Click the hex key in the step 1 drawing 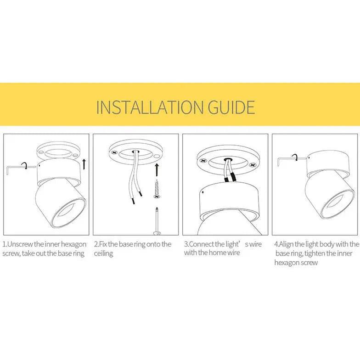[16, 168]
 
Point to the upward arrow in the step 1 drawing [84, 163]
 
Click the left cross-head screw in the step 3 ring [203, 162]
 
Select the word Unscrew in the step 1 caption [21, 244]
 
